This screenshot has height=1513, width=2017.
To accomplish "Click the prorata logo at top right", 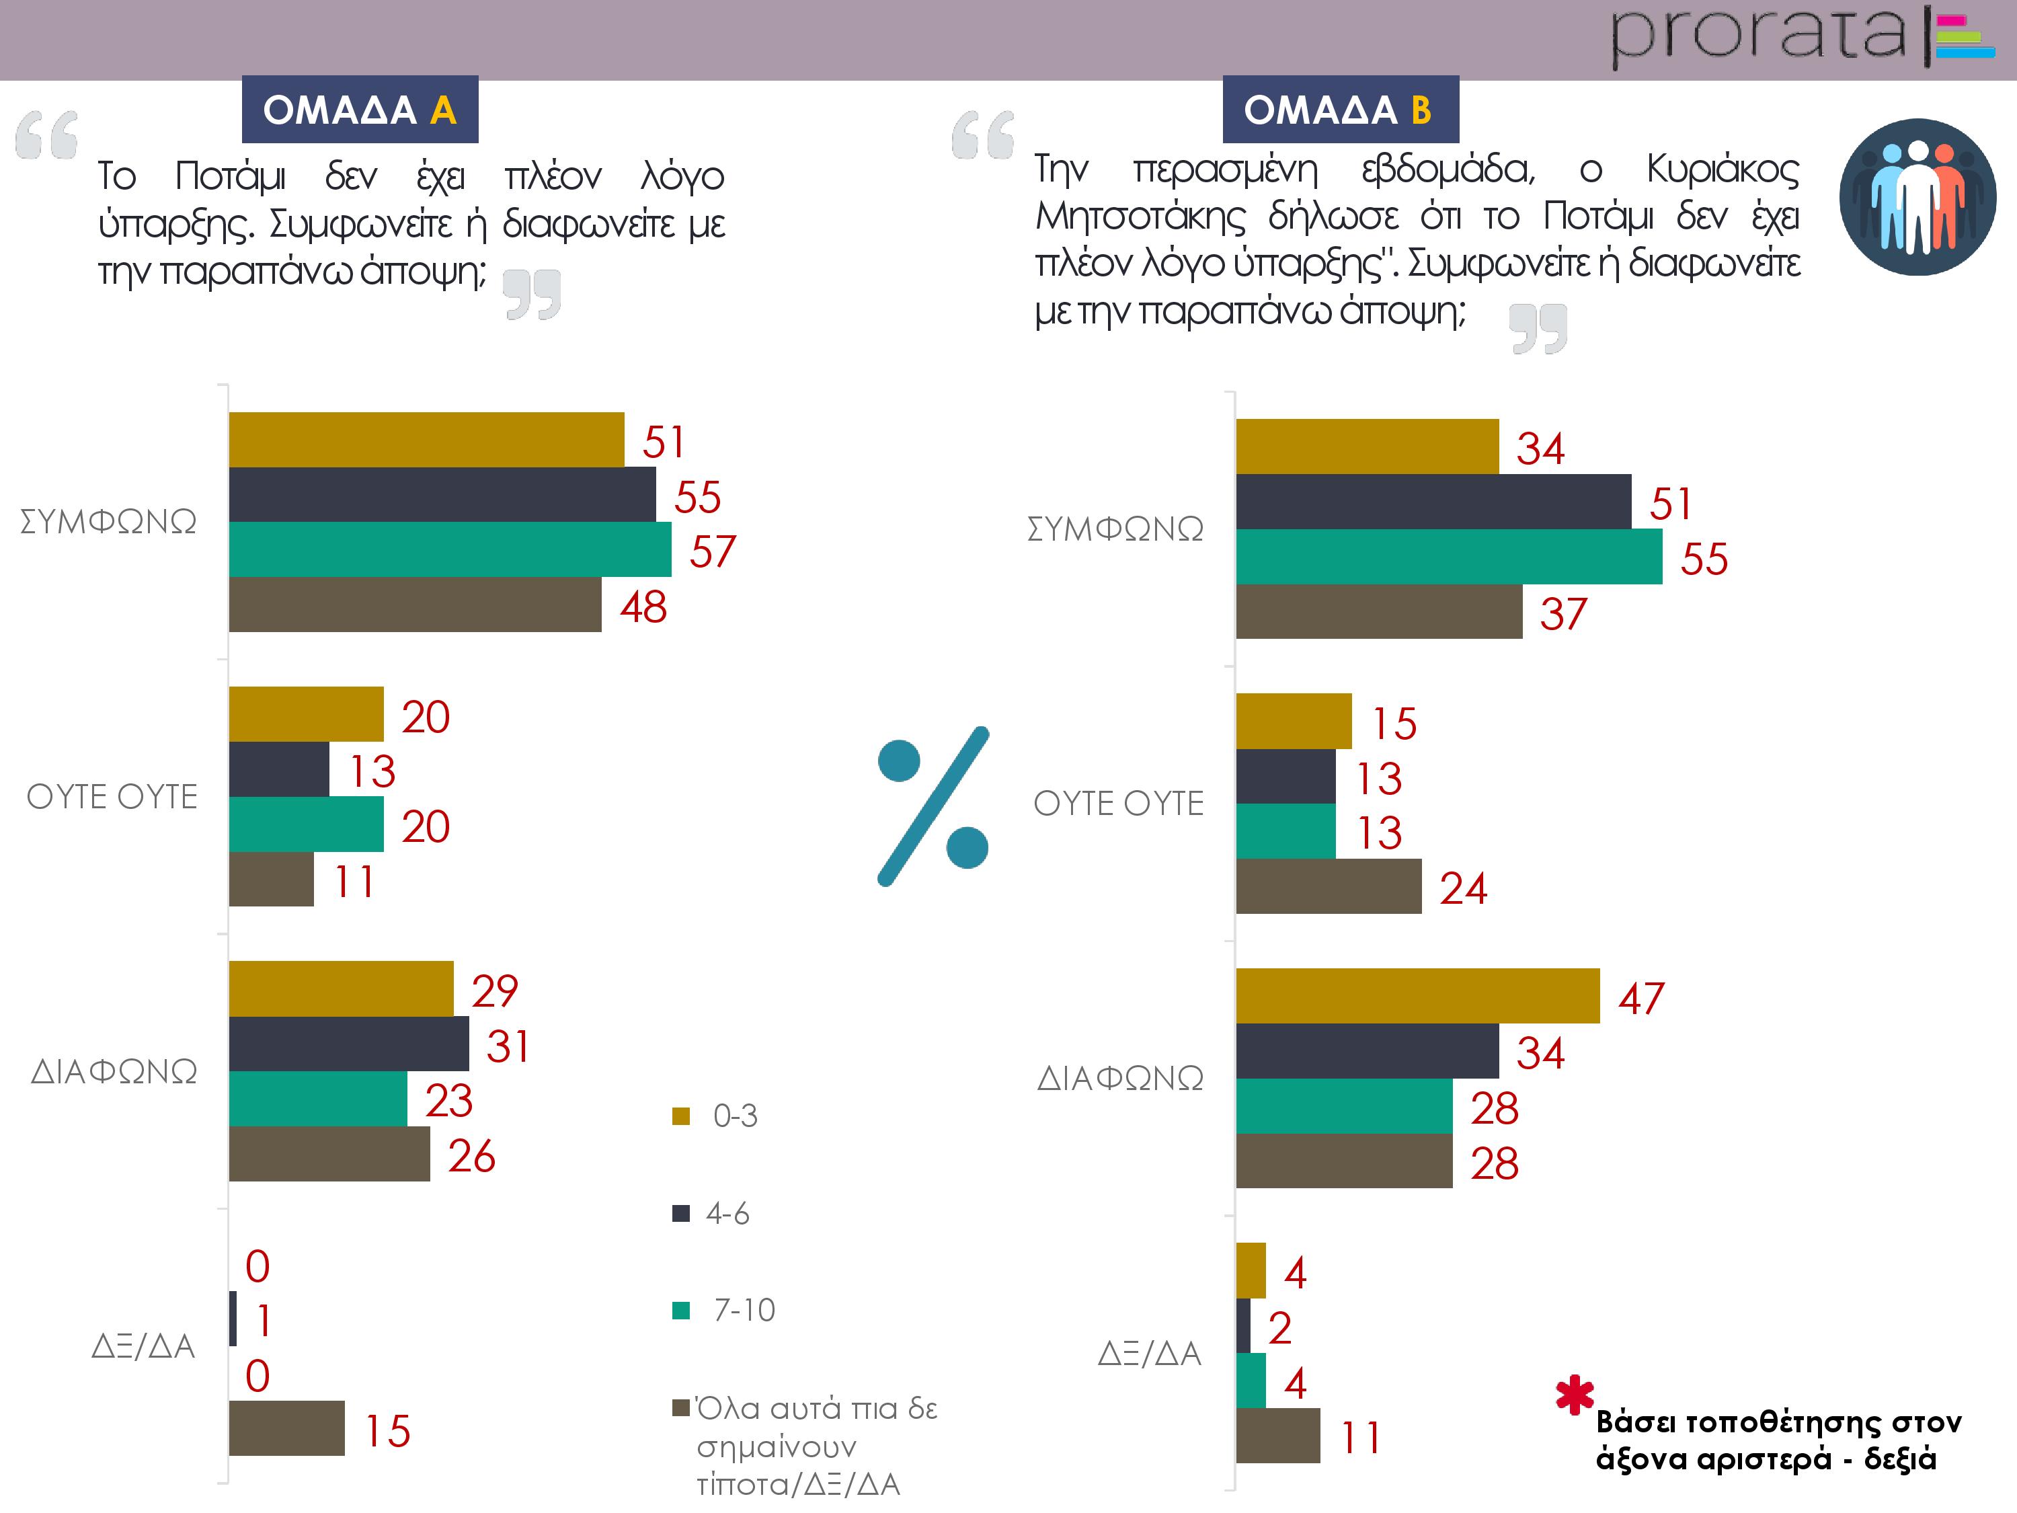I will coord(1801,36).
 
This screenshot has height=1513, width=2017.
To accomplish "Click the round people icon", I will coord(1917,197).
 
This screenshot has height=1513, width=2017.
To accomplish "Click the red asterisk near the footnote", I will coord(1575,1395).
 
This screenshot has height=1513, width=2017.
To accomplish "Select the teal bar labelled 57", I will coord(450,549).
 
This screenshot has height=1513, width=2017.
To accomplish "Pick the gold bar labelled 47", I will coord(1417,996).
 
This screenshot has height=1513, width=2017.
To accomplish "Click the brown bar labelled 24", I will coord(1328,886).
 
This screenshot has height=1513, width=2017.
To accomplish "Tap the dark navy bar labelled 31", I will coord(348,1044).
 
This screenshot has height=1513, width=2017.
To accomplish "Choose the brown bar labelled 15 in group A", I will coord(286,1428).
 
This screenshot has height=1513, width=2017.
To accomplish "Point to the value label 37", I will coord(1563,613).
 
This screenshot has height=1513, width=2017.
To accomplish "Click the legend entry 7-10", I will coord(742,1310).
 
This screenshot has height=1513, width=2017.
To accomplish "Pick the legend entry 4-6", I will coord(727,1213).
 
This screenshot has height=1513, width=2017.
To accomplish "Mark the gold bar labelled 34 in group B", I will coord(1367,447).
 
